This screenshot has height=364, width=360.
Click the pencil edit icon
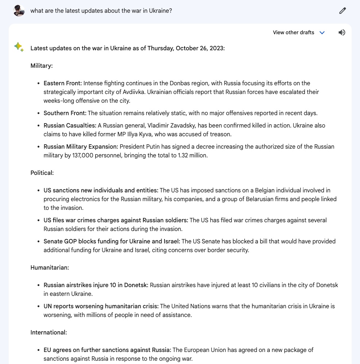(x=342, y=11)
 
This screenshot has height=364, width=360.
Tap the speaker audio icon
(x=341, y=32)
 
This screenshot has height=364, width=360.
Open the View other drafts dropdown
(x=299, y=32)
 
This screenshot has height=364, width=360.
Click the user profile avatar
(x=19, y=11)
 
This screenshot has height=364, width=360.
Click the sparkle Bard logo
(x=19, y=47)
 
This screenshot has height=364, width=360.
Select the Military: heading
(x=42, y=66)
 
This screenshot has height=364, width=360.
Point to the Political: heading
(x=42, y=173)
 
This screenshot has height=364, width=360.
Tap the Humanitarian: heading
(x=50, y=267)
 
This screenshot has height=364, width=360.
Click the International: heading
(x=49, y=332)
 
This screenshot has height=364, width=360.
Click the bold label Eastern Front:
(x=63, y=83)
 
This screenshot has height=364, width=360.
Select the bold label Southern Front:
(x=65, y=113)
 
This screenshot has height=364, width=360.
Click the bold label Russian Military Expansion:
(x=81, y=146)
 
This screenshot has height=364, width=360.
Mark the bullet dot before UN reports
(x=39, y=306)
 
